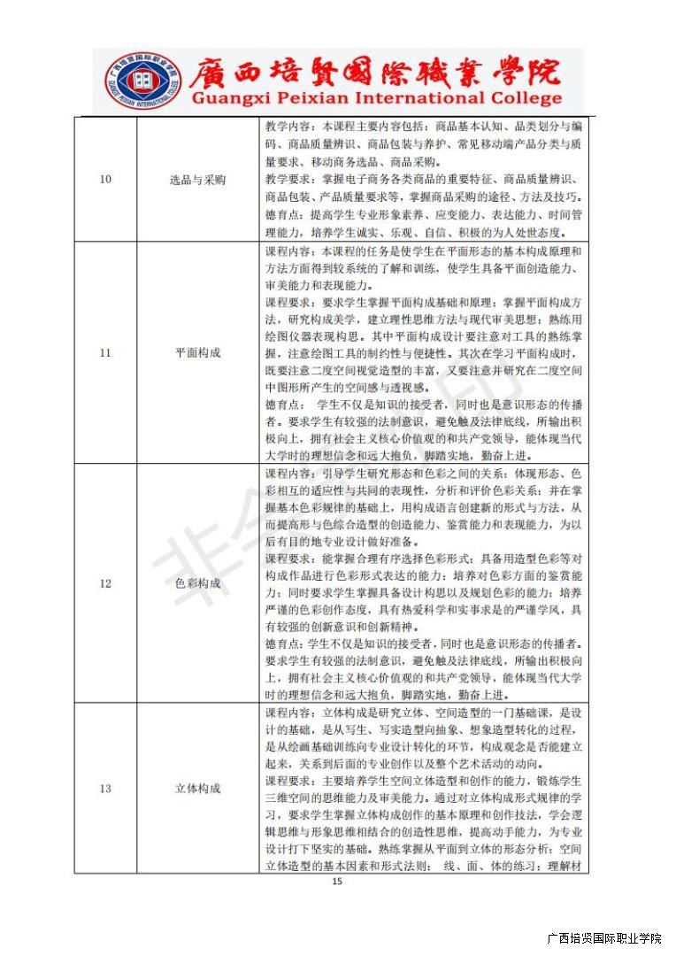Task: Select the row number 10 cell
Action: [x=105, y=180]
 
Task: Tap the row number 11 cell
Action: [x=105, y=352]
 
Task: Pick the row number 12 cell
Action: [x=105, y=583]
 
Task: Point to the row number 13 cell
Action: [x=105, y=788]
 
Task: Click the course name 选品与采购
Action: [x=197, y=180]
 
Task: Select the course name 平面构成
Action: [x=197, y=352]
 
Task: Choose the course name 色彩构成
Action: [x=197, y=583]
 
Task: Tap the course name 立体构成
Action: [x=197, y=788]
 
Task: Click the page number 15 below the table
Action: [x=335, y=882]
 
